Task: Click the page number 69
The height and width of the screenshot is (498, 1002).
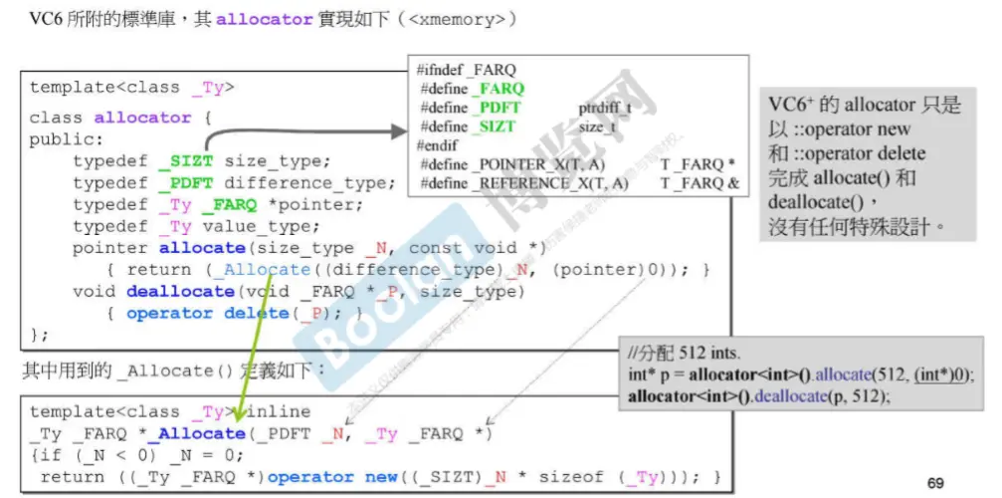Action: coord(935,483)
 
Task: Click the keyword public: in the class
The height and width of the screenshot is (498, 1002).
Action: coord(67,139)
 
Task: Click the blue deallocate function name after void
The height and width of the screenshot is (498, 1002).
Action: coord(180,292)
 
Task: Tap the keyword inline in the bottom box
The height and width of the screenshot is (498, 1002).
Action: coord(282,411)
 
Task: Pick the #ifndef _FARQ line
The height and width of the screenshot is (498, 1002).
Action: coord(467,71)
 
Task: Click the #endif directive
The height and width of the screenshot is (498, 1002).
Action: coord(439,145)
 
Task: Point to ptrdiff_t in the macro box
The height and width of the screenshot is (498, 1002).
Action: coord(604,108)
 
